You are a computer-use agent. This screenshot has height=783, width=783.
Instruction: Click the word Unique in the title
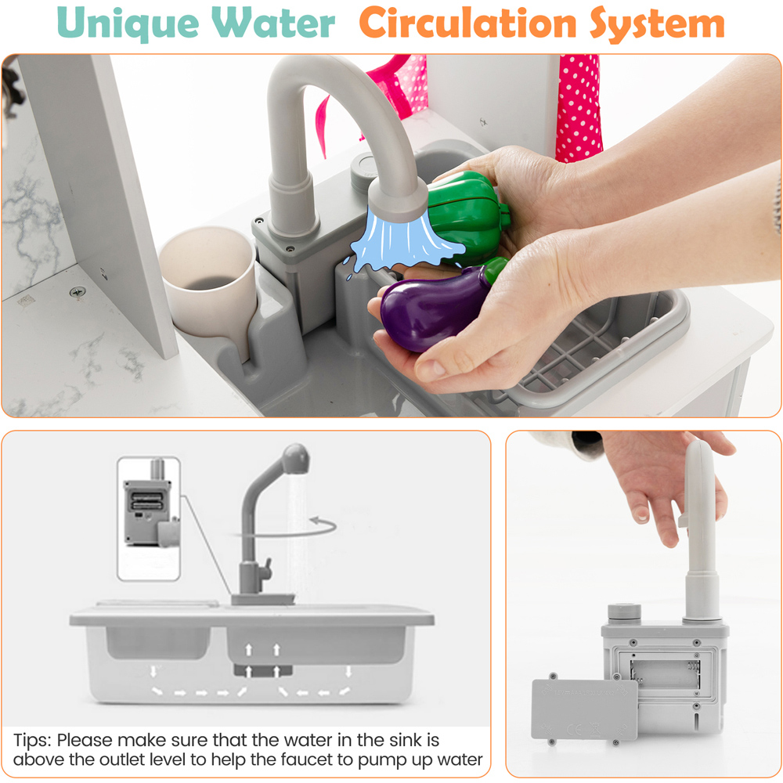tap(128, 23)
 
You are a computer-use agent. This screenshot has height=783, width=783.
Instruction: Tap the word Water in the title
tap(273, 23)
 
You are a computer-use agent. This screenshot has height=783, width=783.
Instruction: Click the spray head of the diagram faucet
tap(296, 458)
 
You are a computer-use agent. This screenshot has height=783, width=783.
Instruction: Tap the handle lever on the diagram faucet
tap(265, 568)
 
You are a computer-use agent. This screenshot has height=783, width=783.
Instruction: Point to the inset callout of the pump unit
tap(149, 518)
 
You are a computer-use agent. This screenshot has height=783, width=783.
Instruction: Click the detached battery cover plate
tap(584, 709)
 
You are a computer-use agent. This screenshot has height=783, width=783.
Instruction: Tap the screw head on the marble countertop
tap(78, 291)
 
